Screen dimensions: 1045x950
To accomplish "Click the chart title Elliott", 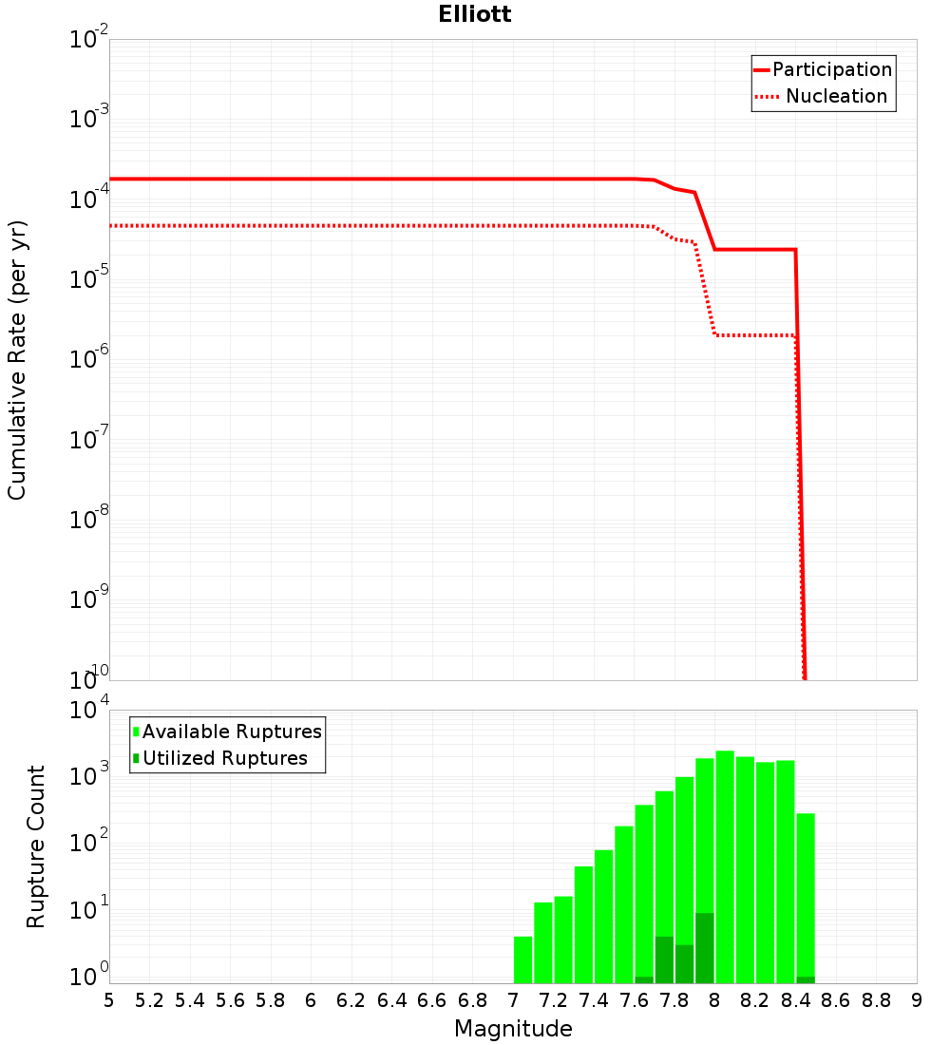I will tap(475, 15).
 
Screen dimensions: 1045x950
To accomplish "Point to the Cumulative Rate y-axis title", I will tap(17, 359).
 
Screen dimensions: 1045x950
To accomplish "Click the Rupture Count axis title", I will tap(36, 846).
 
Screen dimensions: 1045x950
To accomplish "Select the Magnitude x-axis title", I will tap(513, 1029).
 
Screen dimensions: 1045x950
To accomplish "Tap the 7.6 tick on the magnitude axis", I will tap(634, 1000).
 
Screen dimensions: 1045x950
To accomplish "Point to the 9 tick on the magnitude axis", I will tap(917, 1000).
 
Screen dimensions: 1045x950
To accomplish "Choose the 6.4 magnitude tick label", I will tap(391, 1000).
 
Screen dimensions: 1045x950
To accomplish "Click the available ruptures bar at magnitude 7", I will tap(522, 959).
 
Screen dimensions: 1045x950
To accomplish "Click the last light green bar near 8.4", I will tap(806, 893).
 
